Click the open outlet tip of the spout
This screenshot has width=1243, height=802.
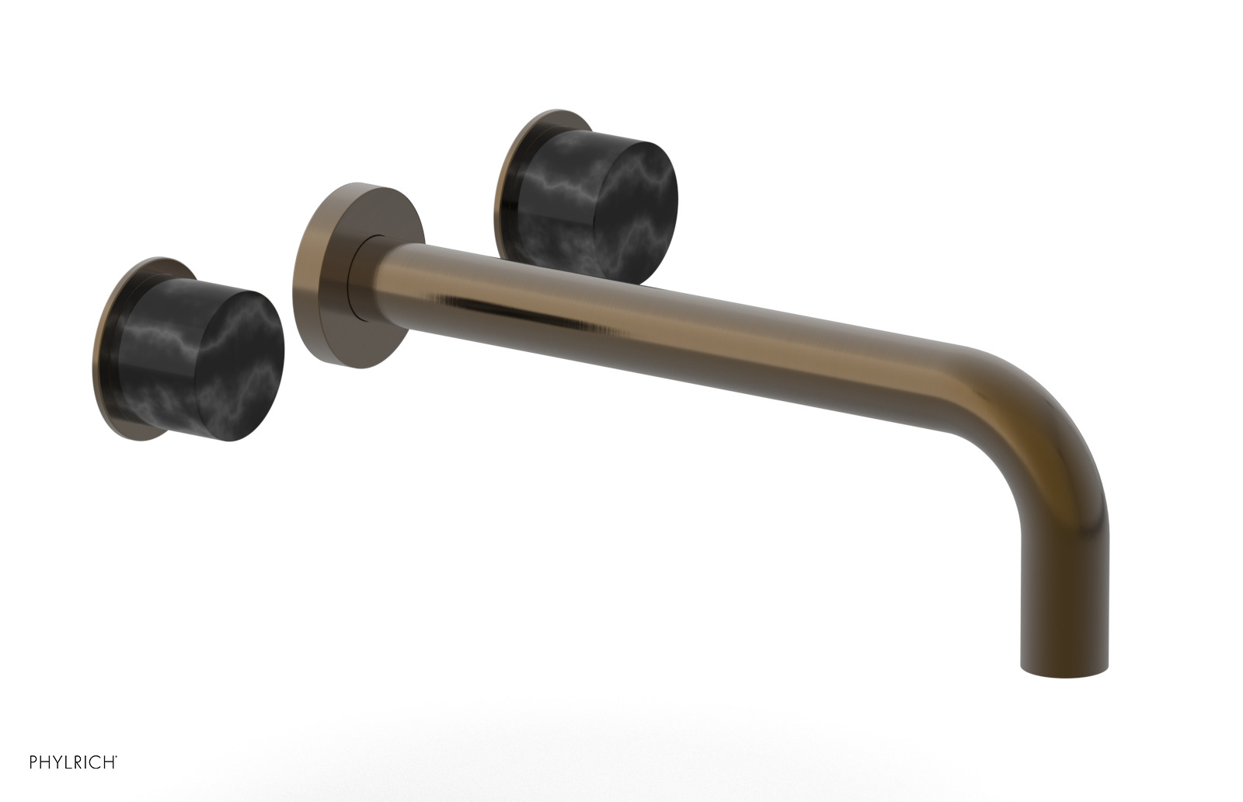click(x=1063, y=669)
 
